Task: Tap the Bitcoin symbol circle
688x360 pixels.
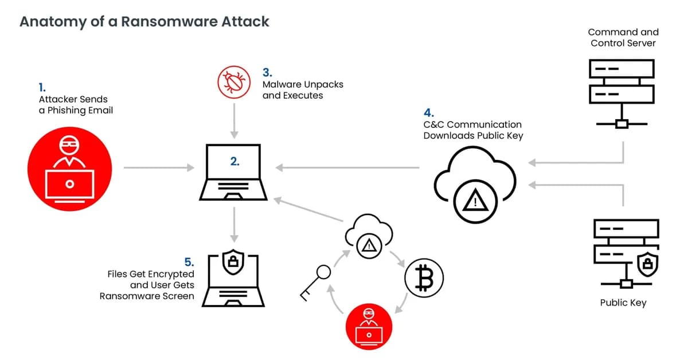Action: point(424,280)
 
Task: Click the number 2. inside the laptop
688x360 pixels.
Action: point(235,162)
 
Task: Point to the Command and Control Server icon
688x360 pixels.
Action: point(622,92)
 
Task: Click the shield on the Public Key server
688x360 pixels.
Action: point(647,264)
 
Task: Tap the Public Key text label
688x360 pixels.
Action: point(623,303)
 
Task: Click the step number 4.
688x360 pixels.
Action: point(428,112)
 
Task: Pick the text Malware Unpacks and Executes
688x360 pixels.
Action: point(303,89)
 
